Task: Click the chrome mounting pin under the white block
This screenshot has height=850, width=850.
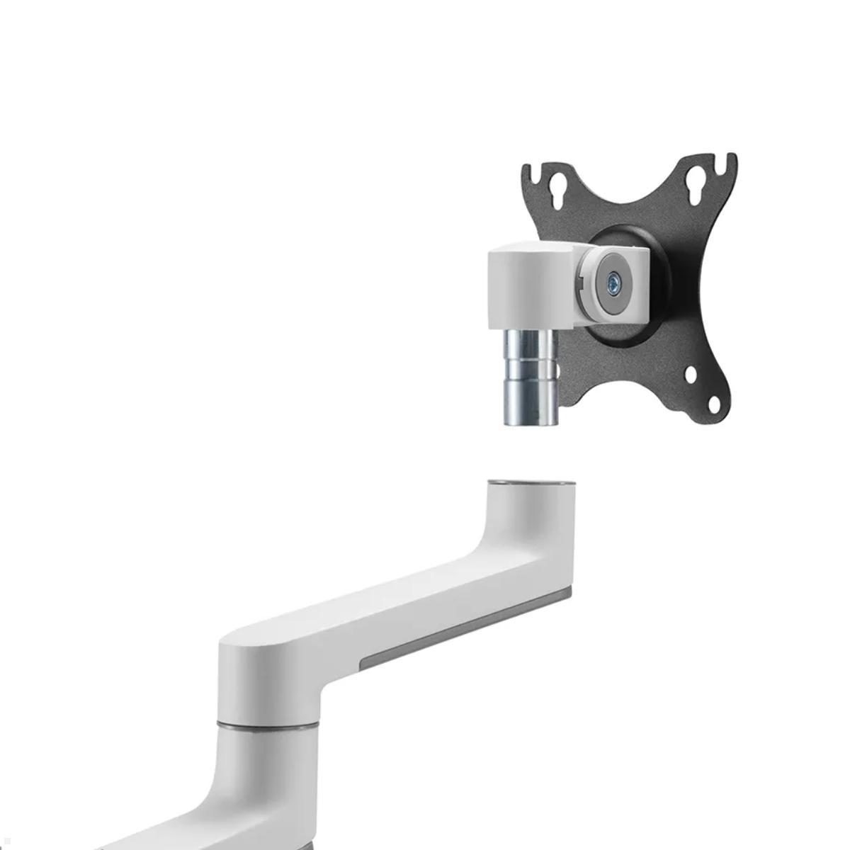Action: click(529, 375)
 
